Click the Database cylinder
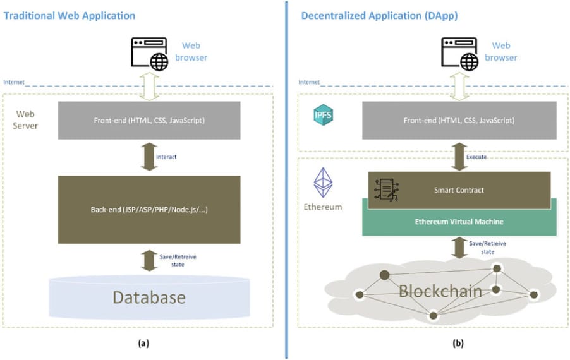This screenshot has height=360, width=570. pos(149,297)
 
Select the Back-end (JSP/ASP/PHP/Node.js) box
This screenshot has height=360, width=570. pos(149,209)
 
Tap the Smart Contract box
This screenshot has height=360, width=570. pos(459,189)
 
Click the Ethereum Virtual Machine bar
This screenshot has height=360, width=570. pos(459,222)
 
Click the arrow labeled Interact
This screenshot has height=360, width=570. pos(149,157)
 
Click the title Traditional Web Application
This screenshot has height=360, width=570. pos(70,15)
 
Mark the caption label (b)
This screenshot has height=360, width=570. pos(458,344)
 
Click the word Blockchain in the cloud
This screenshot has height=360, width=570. pos(440,292)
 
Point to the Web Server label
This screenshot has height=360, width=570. pos(27,119)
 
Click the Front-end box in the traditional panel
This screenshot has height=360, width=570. pos(149,120)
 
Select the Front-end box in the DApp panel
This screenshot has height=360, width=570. pos(459,120)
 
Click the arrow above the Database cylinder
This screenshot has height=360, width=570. pos(149,259)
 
